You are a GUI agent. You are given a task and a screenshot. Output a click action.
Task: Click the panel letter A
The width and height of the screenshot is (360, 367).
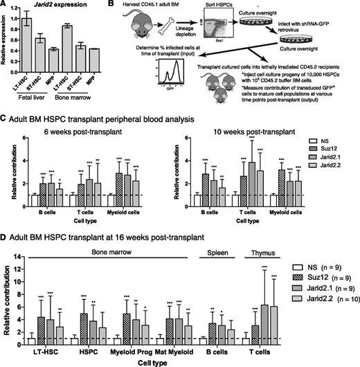tap(5, 6)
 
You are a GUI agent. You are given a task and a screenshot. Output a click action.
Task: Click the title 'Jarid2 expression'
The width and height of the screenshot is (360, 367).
tap(48, 6)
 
